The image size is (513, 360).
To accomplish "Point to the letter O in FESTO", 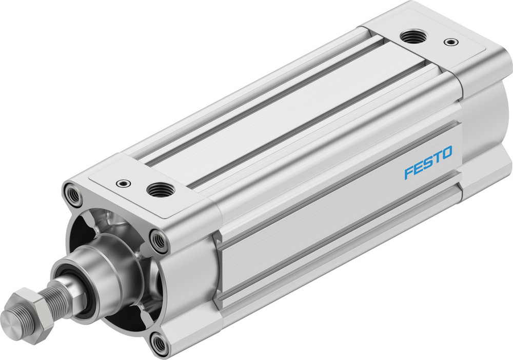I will point(446,152).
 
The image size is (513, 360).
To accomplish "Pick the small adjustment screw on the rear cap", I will point(450,42).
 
